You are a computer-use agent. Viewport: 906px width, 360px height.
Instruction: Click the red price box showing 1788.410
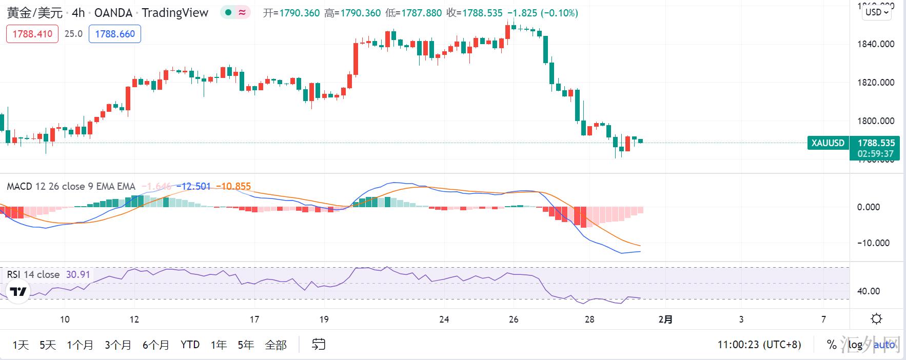click(32, 34)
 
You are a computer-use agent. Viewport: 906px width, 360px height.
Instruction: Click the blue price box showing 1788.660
click(115, 34)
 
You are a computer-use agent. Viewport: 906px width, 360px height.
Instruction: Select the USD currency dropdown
click(877, 12)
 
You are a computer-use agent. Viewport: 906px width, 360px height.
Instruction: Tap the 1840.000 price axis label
click(875, 44)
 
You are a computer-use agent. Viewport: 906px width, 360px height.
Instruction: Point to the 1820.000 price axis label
click(875, 83)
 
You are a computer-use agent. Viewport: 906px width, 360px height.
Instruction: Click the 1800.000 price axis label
click(875, 121)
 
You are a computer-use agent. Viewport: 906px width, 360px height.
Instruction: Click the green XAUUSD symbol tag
click(828, 143)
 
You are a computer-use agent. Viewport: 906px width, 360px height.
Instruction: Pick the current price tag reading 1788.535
click(876, 143)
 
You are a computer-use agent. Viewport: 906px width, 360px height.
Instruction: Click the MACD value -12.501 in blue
click(193, 187)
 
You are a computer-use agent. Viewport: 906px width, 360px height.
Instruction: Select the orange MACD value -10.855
click(233, 187)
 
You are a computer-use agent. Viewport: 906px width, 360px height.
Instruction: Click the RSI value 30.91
click(78, 274)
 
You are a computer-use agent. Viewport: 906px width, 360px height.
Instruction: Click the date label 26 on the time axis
click(514, 319)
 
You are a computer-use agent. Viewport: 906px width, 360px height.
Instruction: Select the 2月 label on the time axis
click(665, 319)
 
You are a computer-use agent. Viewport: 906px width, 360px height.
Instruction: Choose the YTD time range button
click(190, 345)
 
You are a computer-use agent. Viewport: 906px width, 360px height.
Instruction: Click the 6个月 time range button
click(155, 345)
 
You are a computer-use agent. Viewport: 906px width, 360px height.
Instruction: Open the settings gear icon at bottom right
click(876, 319)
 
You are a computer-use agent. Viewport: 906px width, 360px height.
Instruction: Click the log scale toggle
click(855, 345)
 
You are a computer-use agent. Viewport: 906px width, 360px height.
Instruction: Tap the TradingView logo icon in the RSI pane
click(18, 292)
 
